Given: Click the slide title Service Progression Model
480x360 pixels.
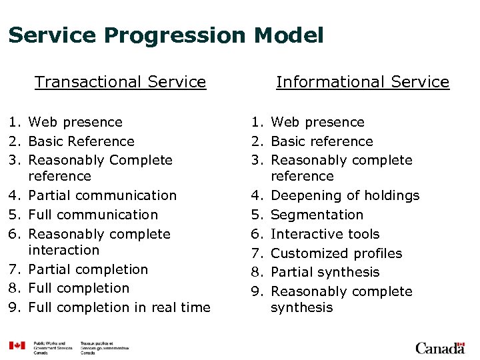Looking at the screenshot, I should (165, 35).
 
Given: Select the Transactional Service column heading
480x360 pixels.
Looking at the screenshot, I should (120, 82).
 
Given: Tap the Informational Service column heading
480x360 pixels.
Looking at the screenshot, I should (363, 82).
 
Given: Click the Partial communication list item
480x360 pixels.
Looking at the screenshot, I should (103, 195).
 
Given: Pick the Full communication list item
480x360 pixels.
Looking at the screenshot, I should (93, 215).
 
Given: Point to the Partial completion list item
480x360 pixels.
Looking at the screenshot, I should (88, 269).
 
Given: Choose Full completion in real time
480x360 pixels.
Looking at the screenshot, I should (119, 307).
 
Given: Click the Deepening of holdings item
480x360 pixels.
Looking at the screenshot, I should (345, 195).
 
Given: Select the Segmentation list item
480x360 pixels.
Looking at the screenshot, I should (317, 215).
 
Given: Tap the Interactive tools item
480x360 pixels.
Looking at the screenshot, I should (325, 234).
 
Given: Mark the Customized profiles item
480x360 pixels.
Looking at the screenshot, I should (336, 253).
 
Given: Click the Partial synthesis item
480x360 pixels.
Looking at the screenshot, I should (325, 272).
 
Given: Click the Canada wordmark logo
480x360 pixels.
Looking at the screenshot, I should (440, 348).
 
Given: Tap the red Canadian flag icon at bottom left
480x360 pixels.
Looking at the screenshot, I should (17, 346).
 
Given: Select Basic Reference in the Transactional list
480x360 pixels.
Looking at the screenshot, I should (81, 141).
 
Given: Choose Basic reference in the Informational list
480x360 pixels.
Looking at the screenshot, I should (322, 141).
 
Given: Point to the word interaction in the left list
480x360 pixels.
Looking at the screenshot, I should (63, 250).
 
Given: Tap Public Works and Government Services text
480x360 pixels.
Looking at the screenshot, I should (53, 346).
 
